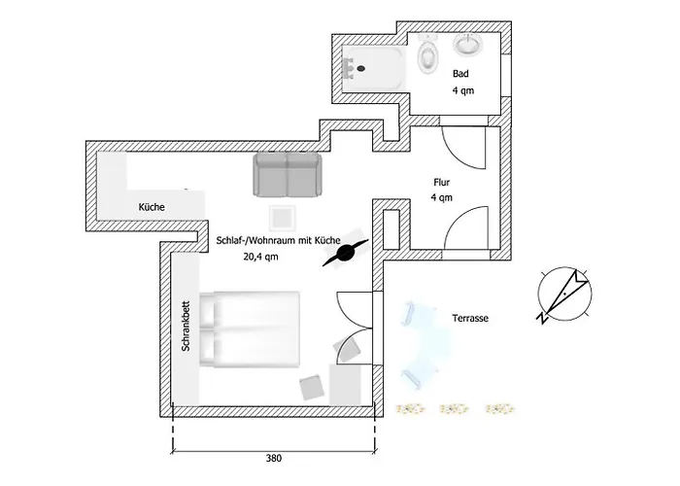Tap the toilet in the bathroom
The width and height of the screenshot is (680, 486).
[425, 55]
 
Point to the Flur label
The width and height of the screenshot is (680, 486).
[442, 181]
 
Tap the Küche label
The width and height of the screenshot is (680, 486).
[151, 208]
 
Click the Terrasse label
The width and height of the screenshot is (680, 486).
[469, 318]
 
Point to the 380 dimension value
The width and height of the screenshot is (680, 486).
[276, 457]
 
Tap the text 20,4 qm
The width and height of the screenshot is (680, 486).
[262, 258]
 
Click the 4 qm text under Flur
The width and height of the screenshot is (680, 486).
[442, 197]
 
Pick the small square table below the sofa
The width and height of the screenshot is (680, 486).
[283, 215]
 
